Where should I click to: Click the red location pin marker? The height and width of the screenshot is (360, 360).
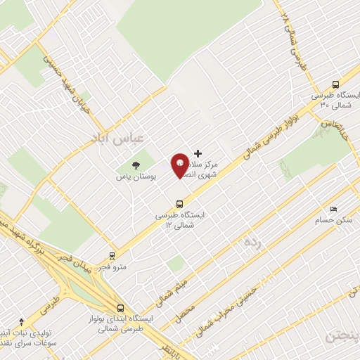[x=180, y=165]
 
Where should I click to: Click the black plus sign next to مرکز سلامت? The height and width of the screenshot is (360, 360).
[x=198, y=153]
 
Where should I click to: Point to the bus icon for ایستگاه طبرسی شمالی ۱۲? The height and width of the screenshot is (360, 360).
[x=180, y=204]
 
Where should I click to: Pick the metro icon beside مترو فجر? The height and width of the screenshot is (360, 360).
[x=112, y=257]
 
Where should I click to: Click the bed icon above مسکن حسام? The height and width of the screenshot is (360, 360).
[x=333, y=209]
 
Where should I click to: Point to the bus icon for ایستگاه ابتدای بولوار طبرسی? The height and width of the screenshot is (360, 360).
[x=121, y=307]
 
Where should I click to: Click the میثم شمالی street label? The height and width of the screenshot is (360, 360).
[x=171, y=290]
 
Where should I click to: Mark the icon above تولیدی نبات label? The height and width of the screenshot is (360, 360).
[x=21, y=321]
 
